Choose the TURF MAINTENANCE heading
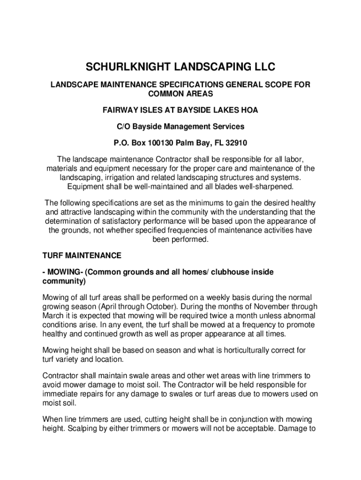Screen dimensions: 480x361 point(82,255)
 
